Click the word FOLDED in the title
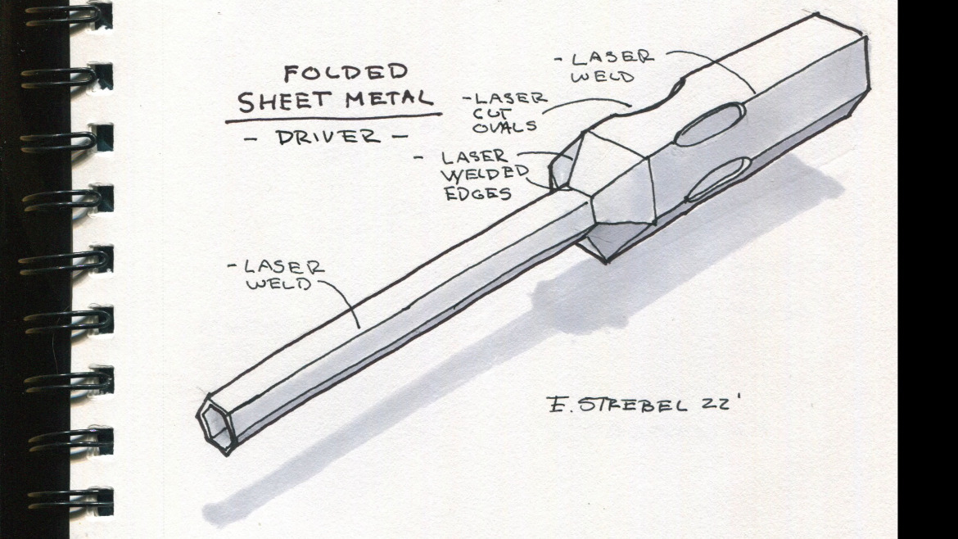coord(345,73)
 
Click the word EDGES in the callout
coord(478,193)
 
